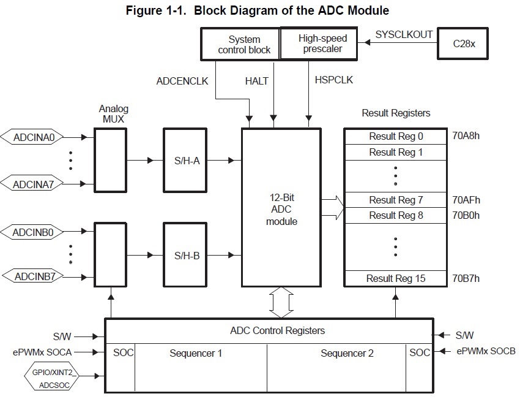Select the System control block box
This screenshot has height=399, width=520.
(240, 44)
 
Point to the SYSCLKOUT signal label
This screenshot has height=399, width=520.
(405, 34)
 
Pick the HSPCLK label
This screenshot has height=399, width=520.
(333, 80)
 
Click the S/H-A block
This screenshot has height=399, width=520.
(187, 161)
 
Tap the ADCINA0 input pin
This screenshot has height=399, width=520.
(34, 137)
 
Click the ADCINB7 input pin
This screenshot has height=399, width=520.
(34, 276)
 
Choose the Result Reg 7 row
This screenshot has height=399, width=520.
(396, 200)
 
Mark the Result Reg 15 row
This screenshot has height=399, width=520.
(396, 278)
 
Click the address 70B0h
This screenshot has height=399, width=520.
(466, 215)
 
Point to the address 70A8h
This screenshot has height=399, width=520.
(466, 136)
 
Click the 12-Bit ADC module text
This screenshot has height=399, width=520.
(281, 210)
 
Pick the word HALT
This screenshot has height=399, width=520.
(257, 81)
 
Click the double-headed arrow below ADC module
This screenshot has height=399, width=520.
(281, 302)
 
